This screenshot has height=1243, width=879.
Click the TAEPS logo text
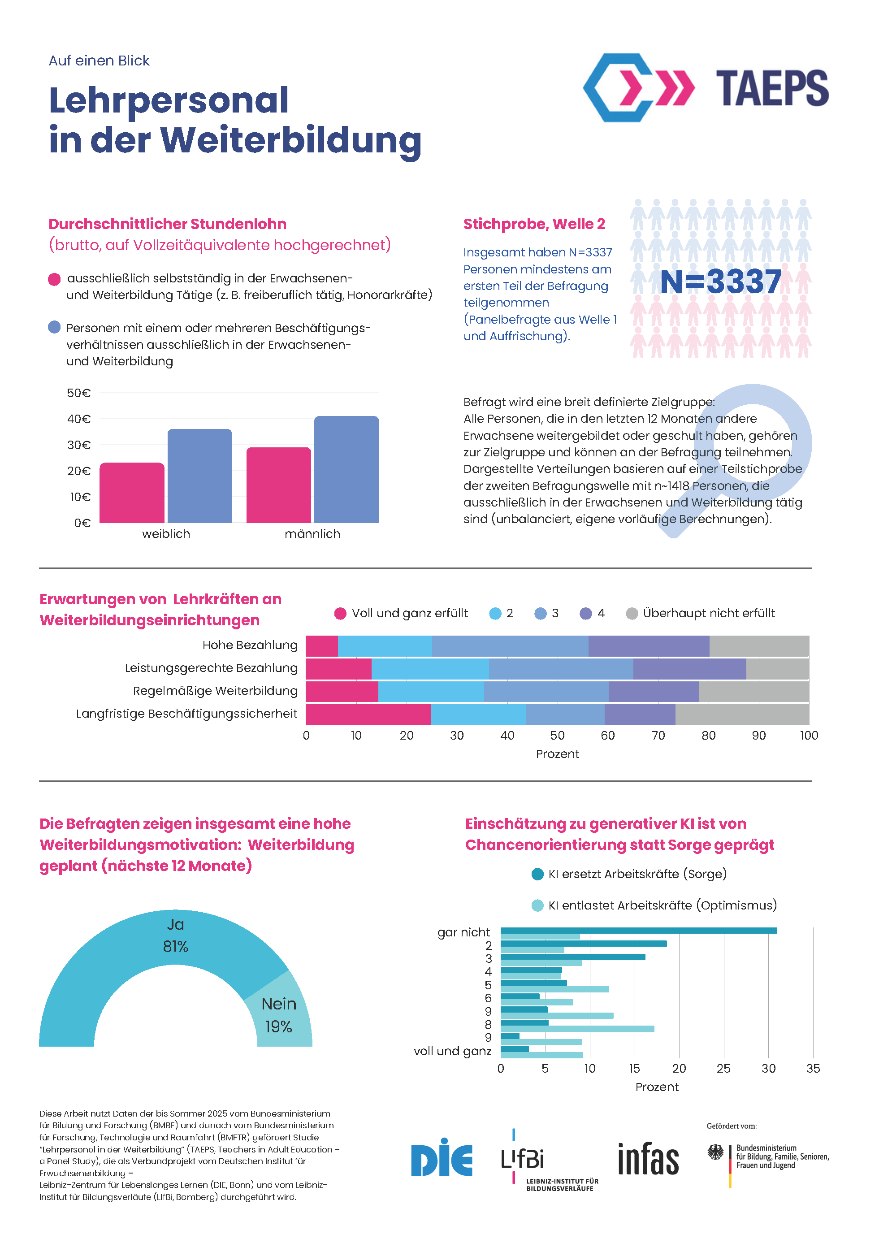[x=772, y=88]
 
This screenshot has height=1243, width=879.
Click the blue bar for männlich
[x=346, y=469]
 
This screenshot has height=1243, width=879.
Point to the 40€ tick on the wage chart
[x=79, y=419]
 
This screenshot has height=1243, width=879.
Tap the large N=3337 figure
[x=721, y=282]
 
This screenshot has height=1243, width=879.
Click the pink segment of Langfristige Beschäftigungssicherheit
[x=368, y=714]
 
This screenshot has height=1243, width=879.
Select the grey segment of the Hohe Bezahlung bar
[x=759, y=646]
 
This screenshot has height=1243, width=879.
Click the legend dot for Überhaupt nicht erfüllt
[x=632, y=613]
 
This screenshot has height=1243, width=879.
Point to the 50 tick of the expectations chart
[x=557, y=735]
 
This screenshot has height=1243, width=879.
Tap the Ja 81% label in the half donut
[x=175, y=935]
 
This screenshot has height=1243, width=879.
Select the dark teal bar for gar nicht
[x=638, y=931]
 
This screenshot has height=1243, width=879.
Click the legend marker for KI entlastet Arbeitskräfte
[x=537, y=905]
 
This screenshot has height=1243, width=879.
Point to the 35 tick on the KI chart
[x=813, y=1069]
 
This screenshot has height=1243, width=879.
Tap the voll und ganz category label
[x=452, y=1051]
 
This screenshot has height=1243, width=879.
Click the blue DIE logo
[x=442, y=1160]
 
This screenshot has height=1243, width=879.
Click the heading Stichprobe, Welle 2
[x=534, y=224]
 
